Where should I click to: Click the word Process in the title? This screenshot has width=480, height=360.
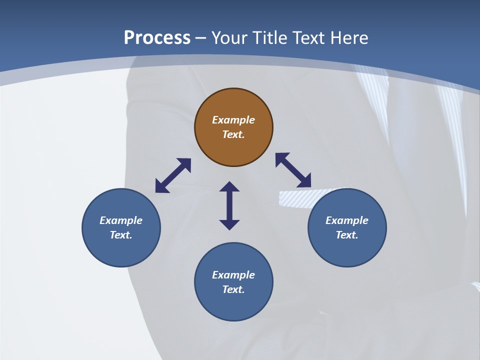(157, 38)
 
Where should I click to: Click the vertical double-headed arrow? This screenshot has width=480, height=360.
(229, 205)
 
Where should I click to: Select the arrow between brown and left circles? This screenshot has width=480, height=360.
(173, 175)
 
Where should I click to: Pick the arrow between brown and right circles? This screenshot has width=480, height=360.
(293, 170)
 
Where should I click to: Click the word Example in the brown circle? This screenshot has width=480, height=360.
(233, 120)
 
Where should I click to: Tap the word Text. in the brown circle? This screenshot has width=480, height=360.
(233, 134)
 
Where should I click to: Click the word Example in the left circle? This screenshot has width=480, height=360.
(121, 220)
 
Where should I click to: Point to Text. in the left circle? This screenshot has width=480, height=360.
(121, 235)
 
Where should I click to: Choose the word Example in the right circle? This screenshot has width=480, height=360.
(347, 220)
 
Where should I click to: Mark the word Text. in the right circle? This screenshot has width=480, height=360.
(347, 235)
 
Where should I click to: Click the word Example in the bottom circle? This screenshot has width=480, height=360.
(233, 275)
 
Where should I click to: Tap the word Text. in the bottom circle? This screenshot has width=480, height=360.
(233, 289)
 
